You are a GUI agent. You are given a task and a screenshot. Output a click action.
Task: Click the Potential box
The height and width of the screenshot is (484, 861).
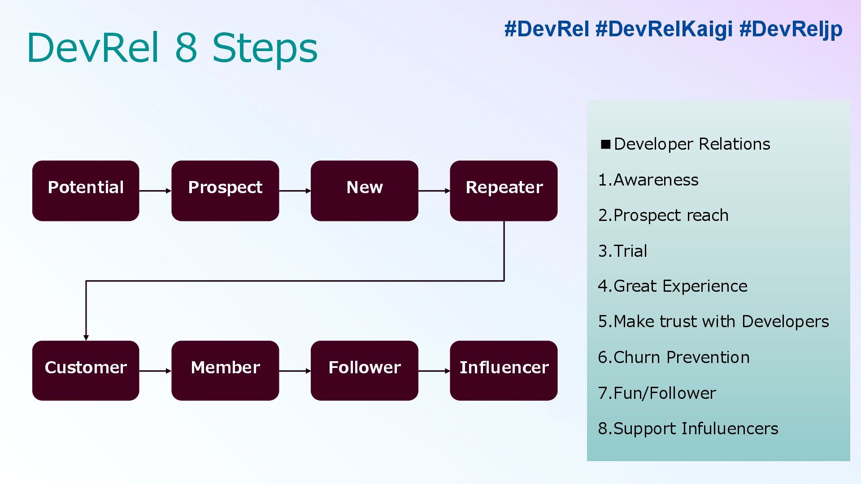point(86,190)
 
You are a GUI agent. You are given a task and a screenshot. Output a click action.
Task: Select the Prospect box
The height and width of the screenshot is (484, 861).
point(225,190)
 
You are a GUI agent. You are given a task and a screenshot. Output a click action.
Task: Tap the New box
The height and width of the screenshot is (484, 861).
point(364,190)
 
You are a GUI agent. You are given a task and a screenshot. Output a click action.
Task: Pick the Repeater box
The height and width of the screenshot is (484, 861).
point(504,190)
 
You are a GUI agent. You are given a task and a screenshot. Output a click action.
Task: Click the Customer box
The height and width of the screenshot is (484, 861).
point(86,370)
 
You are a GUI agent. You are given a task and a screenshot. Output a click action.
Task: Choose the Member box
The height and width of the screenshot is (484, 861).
point(225,370)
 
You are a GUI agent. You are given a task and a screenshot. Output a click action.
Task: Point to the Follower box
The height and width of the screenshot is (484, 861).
point(364,370)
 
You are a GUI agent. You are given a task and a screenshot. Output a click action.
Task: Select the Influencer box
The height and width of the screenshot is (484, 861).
point(504,370)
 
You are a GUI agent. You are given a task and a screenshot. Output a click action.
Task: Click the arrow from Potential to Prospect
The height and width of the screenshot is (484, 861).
point(155,191)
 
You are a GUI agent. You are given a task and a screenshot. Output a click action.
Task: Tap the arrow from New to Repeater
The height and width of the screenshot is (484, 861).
point(434,191)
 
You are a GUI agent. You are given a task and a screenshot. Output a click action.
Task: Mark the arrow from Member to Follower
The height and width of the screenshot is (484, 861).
point(295,371)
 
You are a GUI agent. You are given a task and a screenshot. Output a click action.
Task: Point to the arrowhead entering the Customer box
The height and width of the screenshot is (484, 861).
point(86,337)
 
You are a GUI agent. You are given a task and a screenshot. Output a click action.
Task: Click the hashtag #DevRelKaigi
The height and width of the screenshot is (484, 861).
point(664,29)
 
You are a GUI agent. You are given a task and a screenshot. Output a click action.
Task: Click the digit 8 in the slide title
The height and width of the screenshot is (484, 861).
point(186,48)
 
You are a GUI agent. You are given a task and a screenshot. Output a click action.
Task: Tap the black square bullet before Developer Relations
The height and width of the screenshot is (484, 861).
point(606,144)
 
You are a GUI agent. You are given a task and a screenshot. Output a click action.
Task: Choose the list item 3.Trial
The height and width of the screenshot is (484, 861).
point(622,251)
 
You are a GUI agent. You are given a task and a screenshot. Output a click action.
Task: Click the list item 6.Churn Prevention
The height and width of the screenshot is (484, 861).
point(674,357)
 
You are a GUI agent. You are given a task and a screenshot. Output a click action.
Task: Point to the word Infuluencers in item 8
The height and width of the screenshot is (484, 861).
point(730,428)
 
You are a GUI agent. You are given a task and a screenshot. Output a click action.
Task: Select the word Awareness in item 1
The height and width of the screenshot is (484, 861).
point(656,180)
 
